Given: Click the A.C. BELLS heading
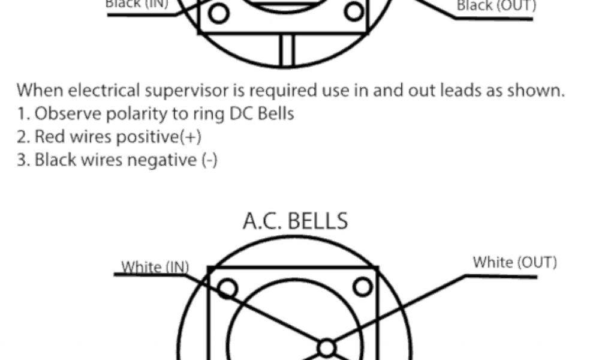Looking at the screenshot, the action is point(295,221).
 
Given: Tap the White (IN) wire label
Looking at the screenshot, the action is point(155,266).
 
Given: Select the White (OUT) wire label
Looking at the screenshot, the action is point(514,262).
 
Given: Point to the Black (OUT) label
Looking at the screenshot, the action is point(496,6).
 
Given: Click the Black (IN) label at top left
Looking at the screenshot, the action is point(137,4).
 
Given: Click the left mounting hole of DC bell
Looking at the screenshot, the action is point(219,13).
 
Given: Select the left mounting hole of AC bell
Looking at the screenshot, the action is point(227,289).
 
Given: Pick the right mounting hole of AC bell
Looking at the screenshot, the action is point(362,287).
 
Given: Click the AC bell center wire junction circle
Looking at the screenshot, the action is point(326,347).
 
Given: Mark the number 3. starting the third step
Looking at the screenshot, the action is point(23,160).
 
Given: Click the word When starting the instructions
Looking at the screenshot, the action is point(40,91).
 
